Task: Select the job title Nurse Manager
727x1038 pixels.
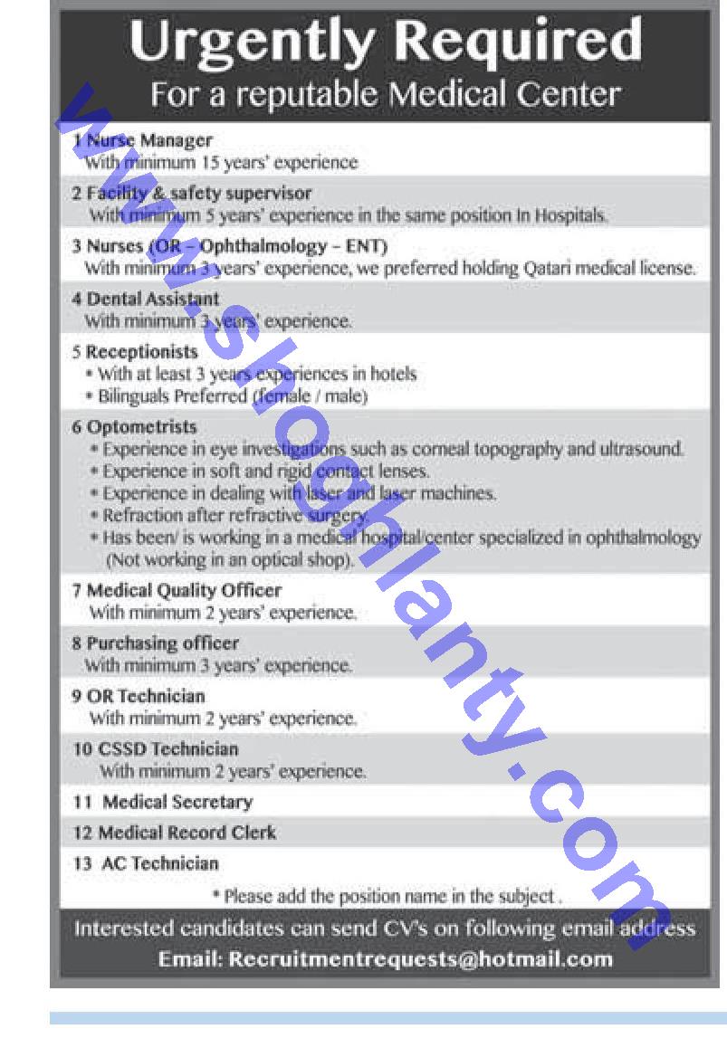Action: [x=149, y=140]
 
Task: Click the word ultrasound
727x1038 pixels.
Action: [x=644, y=449]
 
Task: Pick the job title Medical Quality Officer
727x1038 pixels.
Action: [x=184, y=590]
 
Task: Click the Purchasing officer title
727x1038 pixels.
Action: [x=162, y=643]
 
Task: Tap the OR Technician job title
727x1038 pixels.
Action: [x=146, y=696]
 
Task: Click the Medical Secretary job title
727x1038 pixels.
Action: [x=177, y=802]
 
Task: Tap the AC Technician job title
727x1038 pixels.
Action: [x=160, y=863]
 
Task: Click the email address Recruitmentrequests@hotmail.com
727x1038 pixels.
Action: [x=421, y=958]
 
